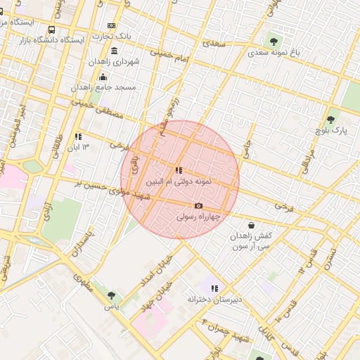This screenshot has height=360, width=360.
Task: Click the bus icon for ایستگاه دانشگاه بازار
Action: coord(51,30)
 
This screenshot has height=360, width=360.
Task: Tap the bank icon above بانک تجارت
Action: coord(112,25)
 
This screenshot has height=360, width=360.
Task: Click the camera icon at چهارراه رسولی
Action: coord(198,206)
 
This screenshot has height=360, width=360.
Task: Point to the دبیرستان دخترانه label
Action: coord(214,300)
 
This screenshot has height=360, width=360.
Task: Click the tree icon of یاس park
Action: coord(110,295)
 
